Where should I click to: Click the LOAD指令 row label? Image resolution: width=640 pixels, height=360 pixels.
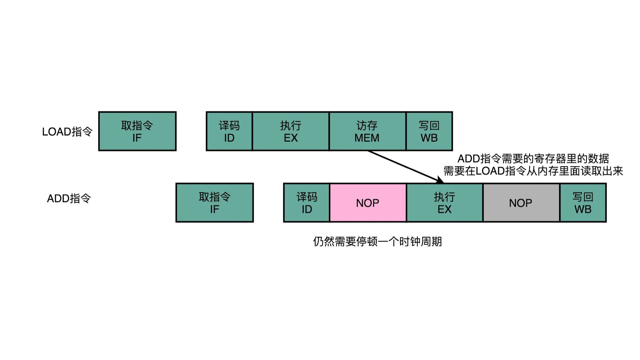coord(67,132)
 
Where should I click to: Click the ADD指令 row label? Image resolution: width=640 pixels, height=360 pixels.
coord(69,199)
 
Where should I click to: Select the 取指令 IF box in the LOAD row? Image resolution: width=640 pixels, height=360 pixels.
coord(137,131)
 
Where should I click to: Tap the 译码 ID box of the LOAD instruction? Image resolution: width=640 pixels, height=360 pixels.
coord(229,131)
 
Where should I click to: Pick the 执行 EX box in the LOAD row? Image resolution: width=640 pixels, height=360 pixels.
coord(291,131)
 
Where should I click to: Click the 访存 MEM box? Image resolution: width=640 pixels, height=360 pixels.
coord(367,131)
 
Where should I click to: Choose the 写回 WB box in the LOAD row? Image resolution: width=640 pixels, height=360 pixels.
coord(429,131)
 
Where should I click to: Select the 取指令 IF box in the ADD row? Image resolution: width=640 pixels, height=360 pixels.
coord(214,203)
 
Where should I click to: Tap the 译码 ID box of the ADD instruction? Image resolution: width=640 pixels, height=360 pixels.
coord(306,203)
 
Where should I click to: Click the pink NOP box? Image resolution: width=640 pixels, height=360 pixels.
coord(368,203)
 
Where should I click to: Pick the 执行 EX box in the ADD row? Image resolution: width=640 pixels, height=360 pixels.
coord(444,203)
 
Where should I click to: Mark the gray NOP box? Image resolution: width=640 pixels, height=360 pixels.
coord(521,203)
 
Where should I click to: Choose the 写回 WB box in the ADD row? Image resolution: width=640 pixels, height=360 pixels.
coord(583,203)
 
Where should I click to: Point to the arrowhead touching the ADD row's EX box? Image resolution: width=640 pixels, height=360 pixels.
coord(440,180)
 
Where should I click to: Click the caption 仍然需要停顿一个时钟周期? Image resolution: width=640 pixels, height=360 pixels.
coord(377,241)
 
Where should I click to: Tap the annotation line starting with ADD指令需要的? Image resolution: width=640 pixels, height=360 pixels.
coord(533,159)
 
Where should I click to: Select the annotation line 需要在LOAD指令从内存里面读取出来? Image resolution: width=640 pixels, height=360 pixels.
coord(533,171)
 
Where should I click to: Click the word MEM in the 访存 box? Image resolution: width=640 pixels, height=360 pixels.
coord(367,138)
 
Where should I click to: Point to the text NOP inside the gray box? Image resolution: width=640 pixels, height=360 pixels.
coord(521,203)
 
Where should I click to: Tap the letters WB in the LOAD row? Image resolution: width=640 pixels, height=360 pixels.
coord(429,138)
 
